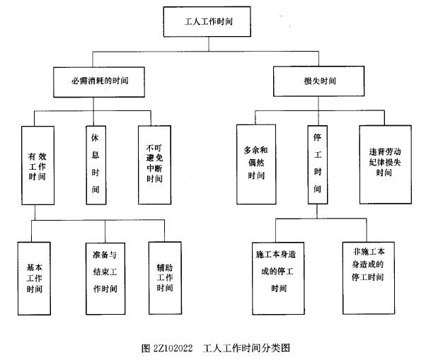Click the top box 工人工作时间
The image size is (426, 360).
click(207, 22)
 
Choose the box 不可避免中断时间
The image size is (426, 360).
click(154, 164)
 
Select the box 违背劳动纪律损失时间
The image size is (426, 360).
click(385, 164)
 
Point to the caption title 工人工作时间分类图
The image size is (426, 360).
click(246, 348)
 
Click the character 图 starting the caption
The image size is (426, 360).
click(145, 348)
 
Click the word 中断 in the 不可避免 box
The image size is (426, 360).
click(154, 169)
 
